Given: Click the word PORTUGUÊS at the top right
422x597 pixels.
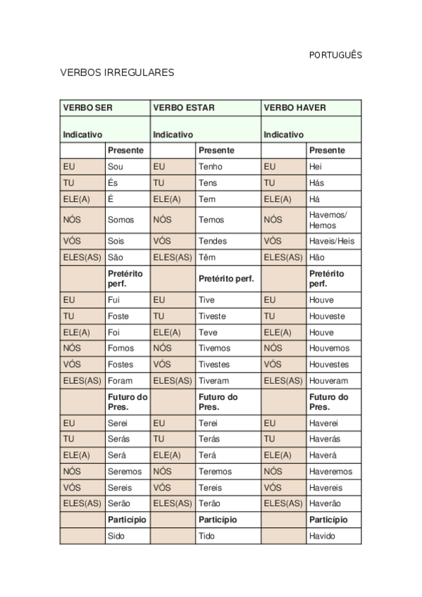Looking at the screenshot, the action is (x=335, y=55).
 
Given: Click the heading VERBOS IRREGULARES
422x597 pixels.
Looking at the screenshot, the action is (x=117, y=73).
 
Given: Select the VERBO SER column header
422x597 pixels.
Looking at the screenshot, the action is (x=88, y=108).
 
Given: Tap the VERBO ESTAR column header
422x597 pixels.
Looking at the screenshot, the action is (x=184, y=108).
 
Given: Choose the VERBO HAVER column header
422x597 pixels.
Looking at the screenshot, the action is (x=295, y=108).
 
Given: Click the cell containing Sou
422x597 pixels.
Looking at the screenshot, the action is (x=116, y=167).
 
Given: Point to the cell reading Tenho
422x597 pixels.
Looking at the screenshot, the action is (x=211, y=167).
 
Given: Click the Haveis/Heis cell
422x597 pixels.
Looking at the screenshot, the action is (x=332, y=241).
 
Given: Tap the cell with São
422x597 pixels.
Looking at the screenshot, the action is (x=116, y=258).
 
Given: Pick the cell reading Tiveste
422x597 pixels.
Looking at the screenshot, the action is (x=213, y=316).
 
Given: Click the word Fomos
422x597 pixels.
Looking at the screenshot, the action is (x=121, y=348).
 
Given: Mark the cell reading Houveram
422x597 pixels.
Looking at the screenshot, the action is (x=329, y=381).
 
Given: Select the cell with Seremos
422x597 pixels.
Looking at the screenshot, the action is (x=125, y=472).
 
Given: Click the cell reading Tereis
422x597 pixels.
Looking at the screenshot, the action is (x=211, y=488).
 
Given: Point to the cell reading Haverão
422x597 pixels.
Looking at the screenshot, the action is (x=325, y=504).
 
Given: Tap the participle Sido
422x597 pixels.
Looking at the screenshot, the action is (x=116, y=536).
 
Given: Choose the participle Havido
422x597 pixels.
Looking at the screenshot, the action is (x=322, y=536).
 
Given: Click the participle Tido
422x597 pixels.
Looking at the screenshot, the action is (x=206, y=536).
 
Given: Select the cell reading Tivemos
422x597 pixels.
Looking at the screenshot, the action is (x=214, y=348).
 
